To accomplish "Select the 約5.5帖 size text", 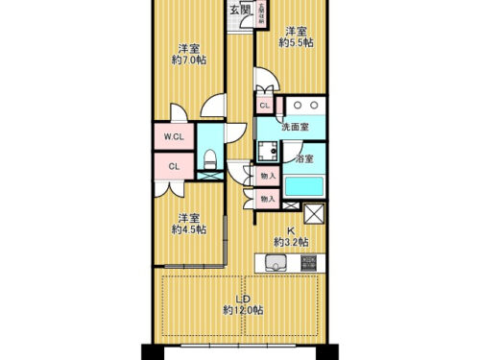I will pos(295,42).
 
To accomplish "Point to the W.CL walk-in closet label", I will pos(174,136).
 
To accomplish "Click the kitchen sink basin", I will pos(276,262).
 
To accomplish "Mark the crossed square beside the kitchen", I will pos(314,213).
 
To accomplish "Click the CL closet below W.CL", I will pos(174,165).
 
